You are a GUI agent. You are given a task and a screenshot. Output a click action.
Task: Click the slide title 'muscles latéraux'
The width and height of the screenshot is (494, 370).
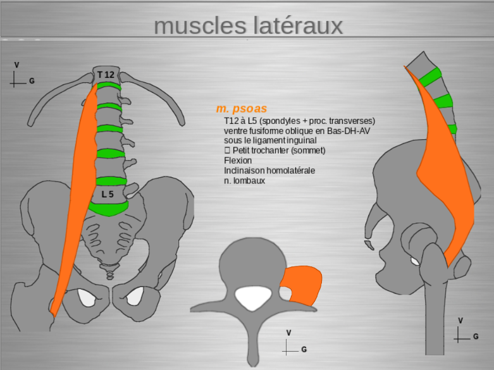tap(248, 26)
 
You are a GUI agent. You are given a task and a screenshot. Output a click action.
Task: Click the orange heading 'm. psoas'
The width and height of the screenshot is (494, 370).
tap(241, 109)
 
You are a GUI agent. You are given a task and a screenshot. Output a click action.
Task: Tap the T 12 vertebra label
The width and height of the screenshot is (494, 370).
tap(106, 75)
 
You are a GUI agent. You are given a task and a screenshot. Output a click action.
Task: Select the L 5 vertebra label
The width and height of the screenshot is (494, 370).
tap(108, 194)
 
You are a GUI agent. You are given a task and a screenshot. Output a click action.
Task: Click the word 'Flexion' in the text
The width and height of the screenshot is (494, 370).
tap(238, 161)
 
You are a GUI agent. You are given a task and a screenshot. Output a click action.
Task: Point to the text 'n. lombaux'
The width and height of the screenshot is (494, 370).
tap(244, 181)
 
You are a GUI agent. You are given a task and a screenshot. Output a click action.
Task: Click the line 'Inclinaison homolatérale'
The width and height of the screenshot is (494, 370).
tap(269, 171)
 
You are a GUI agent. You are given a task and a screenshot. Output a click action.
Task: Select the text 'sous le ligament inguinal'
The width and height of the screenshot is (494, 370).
tap(269, 140)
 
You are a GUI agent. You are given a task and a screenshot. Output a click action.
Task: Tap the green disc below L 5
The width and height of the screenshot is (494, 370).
tap(108, 208)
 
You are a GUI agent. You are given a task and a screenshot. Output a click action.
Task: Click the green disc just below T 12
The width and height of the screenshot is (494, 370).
tap(108, 86)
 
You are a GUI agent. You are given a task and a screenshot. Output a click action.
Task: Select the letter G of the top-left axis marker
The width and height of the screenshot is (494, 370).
tap(32, 82)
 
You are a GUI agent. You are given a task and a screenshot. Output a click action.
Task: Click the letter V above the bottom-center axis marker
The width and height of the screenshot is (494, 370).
tap(288, 333)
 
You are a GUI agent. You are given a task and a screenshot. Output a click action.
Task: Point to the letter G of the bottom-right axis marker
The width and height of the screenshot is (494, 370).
tap(476, 336)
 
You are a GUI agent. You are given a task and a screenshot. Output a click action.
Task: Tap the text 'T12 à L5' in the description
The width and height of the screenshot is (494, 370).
tap(240, 120)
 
